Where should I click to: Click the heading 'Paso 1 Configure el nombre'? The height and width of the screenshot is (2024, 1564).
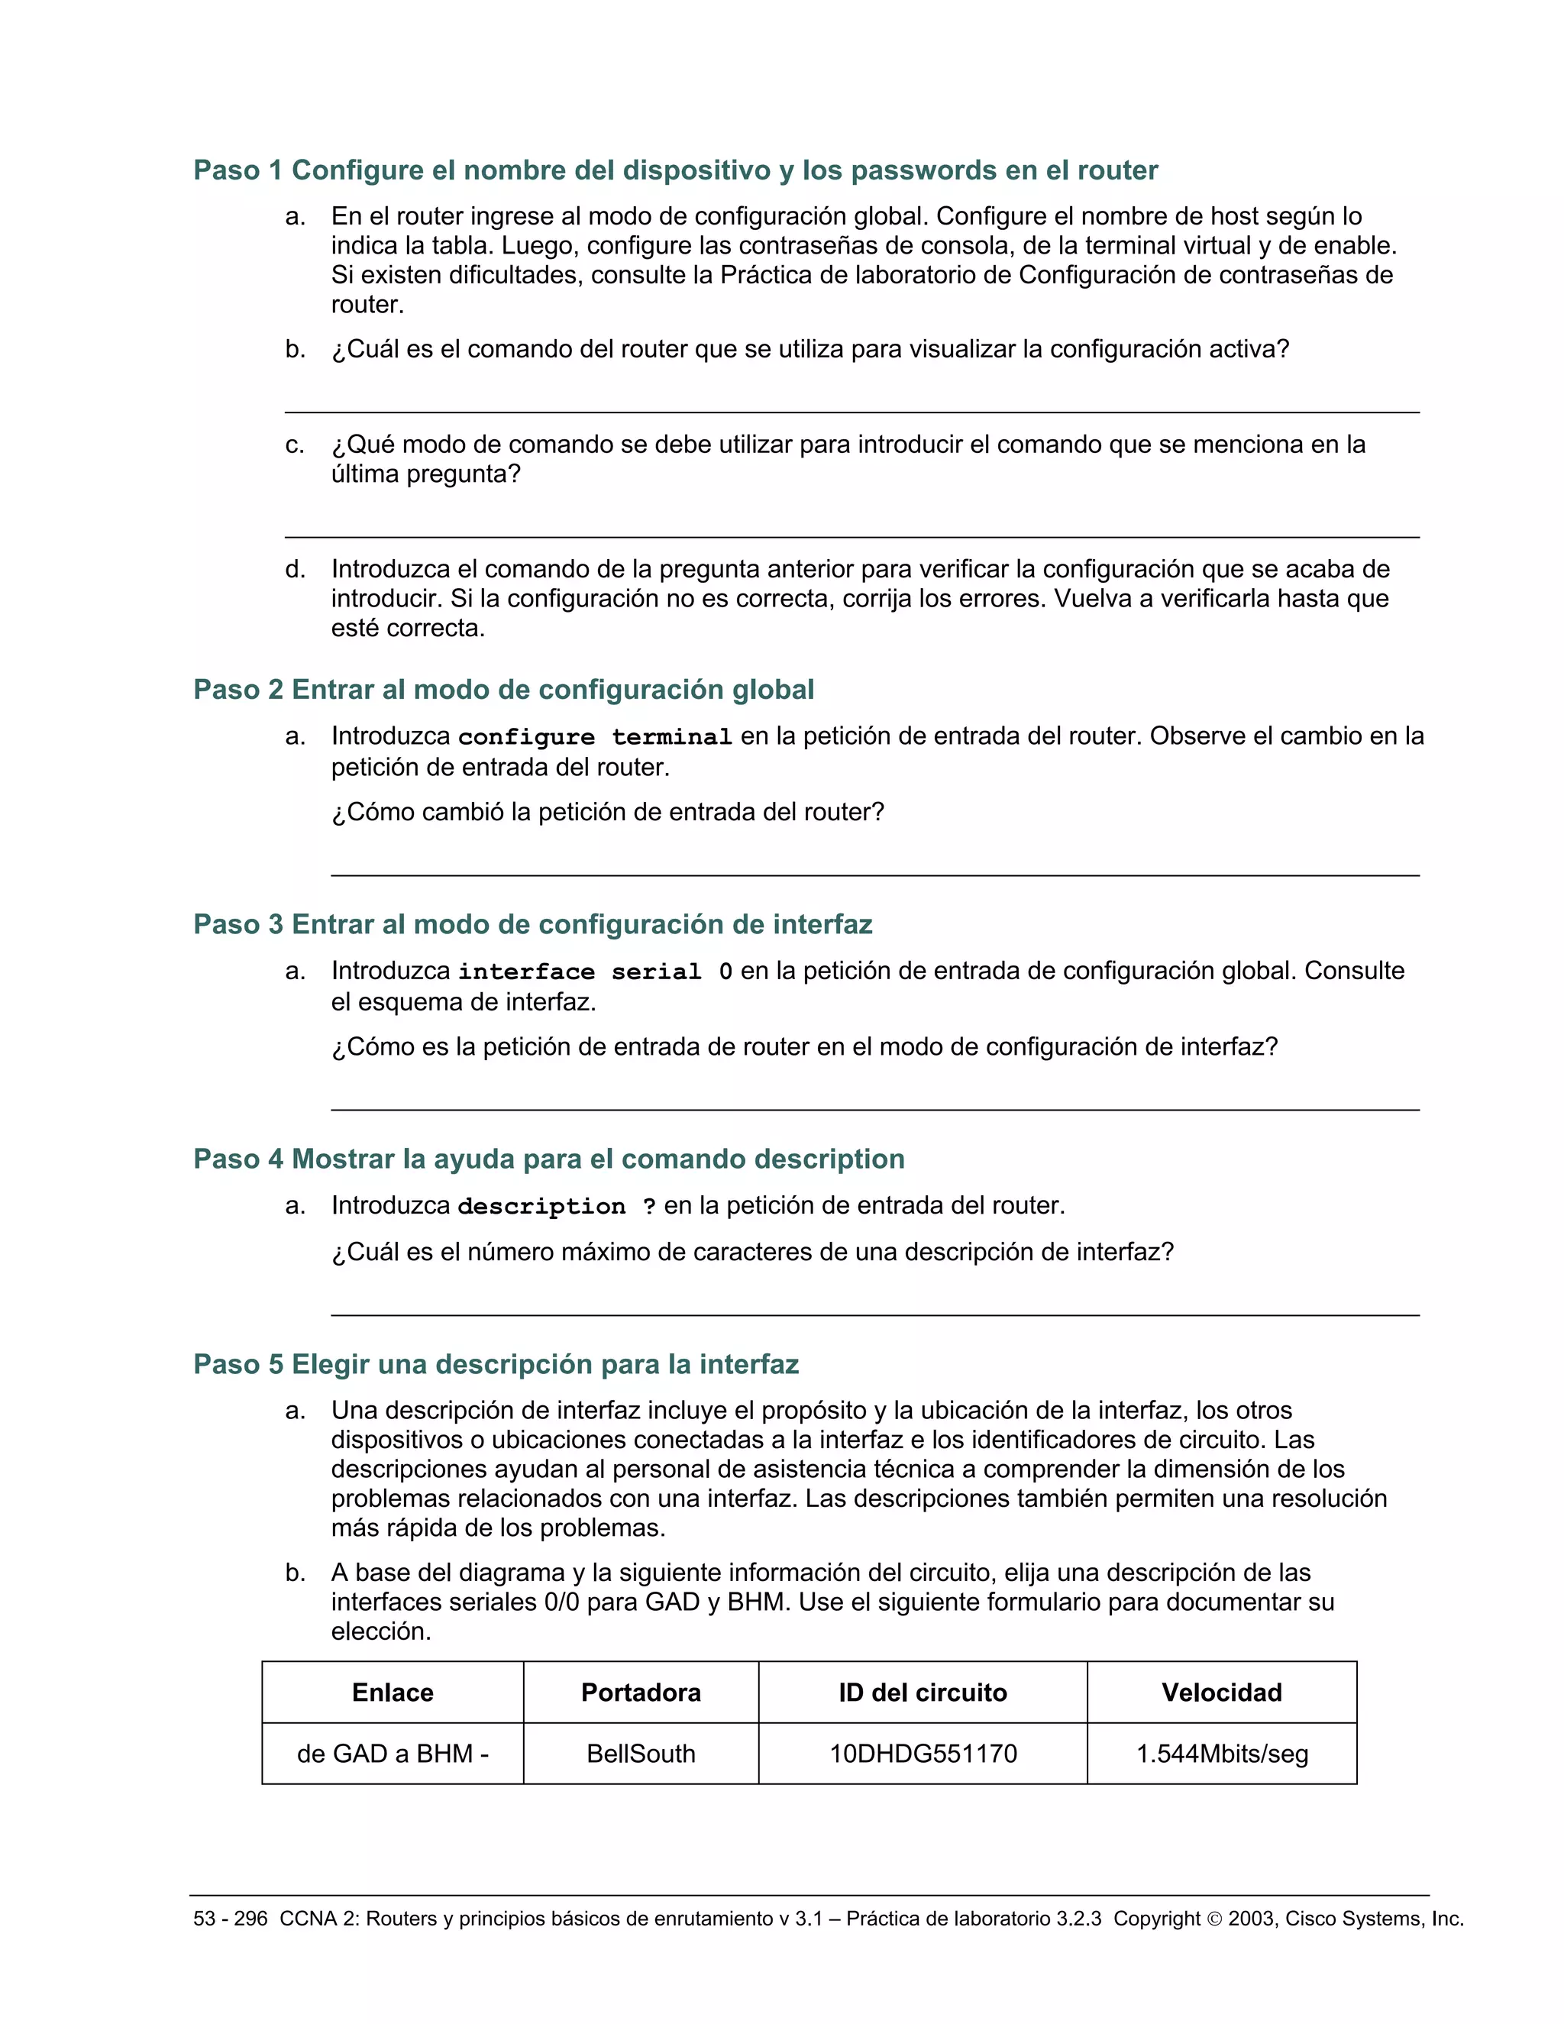674,170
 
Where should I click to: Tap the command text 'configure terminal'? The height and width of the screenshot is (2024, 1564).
595,738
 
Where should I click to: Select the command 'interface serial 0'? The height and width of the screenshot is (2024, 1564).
595,972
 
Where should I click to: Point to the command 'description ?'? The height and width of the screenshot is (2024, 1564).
557,1207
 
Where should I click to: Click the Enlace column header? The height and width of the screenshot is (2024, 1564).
392,1693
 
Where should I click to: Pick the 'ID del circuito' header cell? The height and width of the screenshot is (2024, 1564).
922,1693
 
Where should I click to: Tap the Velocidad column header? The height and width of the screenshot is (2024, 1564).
1221,1693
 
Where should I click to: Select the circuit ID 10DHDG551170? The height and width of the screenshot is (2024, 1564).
922,1754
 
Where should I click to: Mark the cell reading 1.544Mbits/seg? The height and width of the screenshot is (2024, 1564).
1221,1754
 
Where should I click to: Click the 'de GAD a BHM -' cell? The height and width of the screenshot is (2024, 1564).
392,1754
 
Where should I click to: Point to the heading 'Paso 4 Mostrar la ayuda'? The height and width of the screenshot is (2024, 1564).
548,1159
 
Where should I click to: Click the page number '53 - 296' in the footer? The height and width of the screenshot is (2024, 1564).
230,1919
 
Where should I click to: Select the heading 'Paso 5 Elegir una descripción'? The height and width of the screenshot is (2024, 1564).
496,1364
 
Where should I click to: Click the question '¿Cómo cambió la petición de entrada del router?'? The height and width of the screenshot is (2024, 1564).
608,813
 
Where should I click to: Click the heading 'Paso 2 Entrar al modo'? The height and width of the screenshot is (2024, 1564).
503,690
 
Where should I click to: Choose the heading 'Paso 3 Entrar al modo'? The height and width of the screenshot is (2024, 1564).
533,924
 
